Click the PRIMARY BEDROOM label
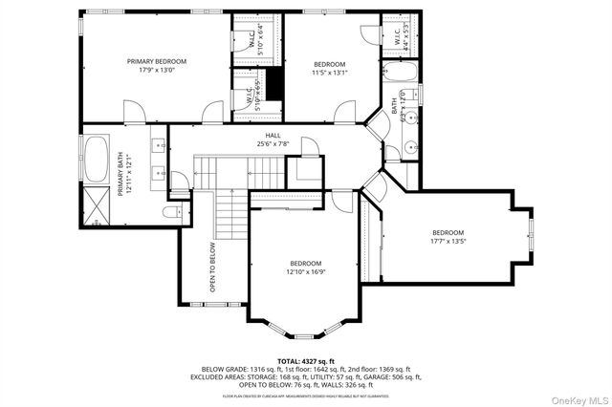[157, 61]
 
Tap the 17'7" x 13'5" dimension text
[448, 242]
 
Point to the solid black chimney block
[274, 83]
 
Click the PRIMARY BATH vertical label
[121, 177]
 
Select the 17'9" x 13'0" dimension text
[157, 70]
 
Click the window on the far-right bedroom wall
[532, 235]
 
